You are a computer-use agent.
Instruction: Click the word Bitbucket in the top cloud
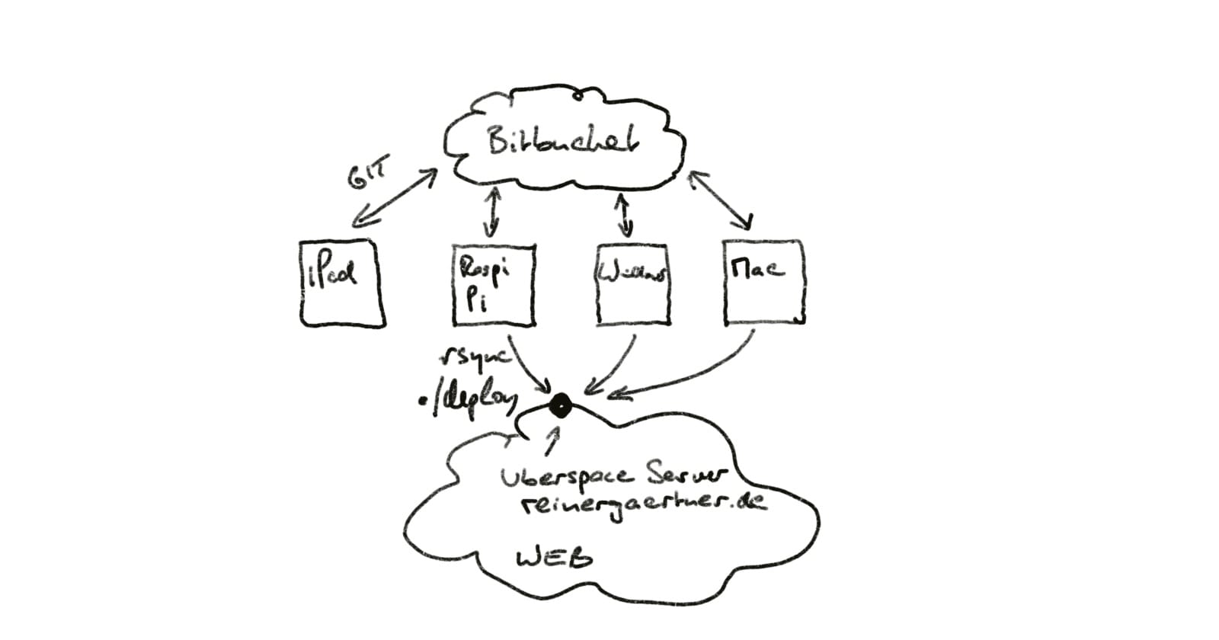pyautogui.click(x=562, y=142)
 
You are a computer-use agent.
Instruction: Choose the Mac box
pyautogui.click(x=763, y=283)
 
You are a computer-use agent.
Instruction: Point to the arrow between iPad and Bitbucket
pyautogui.click(x=393, y=200)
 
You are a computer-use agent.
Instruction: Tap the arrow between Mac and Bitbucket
pyautogui.click(x=720, y=200)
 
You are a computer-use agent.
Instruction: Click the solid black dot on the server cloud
pyautogui.click(x=560, y=407)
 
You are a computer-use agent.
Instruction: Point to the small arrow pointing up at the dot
pyautogui.click(x=552, y=439)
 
